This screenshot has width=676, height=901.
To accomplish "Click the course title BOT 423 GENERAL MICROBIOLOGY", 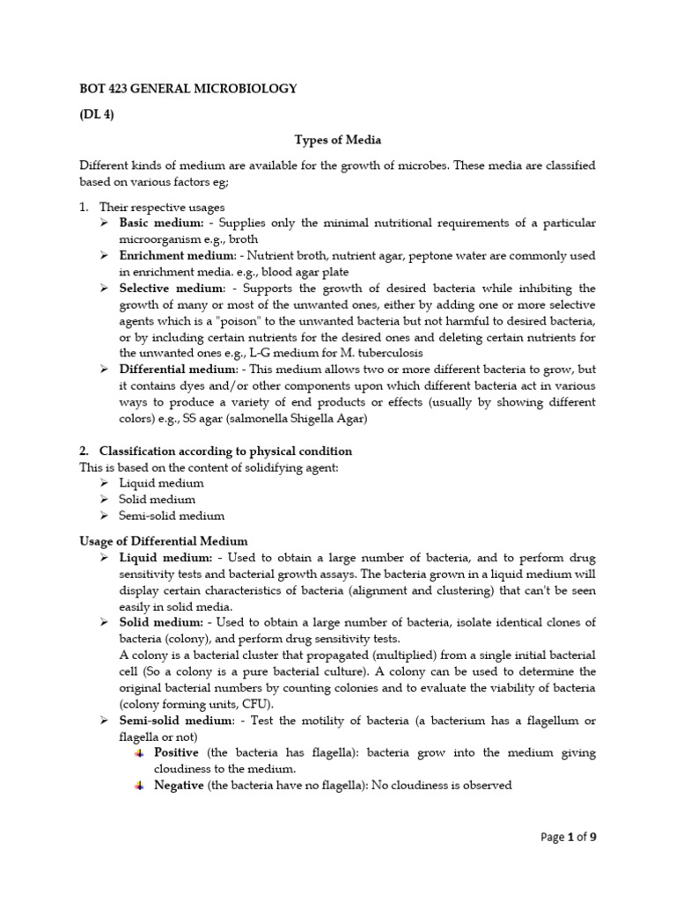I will pyautogui.click(x=188, y=89).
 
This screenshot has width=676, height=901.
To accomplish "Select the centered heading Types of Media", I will pyautogui.click(x=338, y=140).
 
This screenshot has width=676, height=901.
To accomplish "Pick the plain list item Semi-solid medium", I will pyautogui.click(x=173, y=516).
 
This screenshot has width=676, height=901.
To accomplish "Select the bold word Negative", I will pyautogui.click(x=180, y=785).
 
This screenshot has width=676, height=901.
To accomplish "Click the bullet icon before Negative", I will pyautogui.click(x=140, y=785).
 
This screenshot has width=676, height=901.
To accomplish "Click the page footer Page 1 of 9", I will pyautogui.click(x=569, y=838).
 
